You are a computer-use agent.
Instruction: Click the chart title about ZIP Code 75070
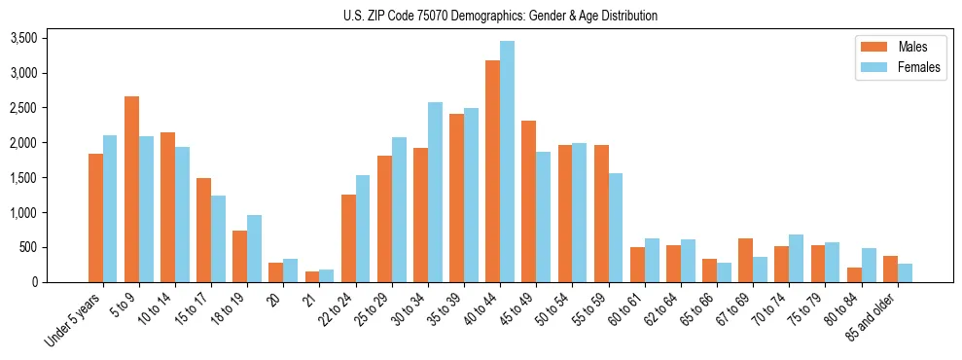(500, 16)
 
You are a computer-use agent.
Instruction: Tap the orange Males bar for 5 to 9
(131, 190)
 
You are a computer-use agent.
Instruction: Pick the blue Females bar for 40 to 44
(507, 162)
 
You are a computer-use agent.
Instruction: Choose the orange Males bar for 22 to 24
(348, 238)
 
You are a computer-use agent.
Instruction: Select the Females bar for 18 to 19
(254, 249)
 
